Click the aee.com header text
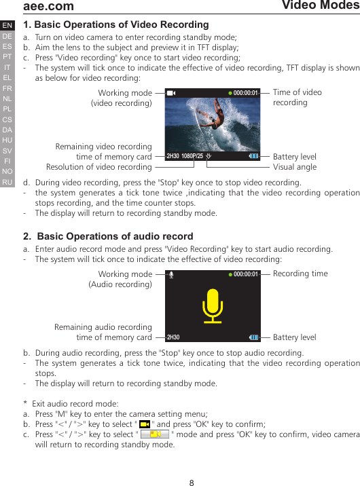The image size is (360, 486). point(48,6)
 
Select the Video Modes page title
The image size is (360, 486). point(320,5)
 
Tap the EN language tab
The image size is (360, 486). point(7,26)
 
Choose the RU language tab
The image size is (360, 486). point(7,182)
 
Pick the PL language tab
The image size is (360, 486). point(7,109)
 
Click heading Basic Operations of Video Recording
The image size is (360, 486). point(116,25)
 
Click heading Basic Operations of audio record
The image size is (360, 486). point(108,237)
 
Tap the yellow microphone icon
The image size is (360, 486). point(213,306)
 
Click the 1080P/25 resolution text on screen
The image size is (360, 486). point(193,156)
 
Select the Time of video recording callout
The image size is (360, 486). point(297,97)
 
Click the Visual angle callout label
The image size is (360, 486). point(294,167)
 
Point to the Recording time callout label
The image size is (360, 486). point(300,274)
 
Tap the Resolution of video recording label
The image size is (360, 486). point(98,167)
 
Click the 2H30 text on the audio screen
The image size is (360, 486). point(173,337)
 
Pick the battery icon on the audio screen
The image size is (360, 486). point(253,337)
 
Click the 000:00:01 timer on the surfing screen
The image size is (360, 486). point(246,93)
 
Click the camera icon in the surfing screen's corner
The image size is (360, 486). point(170,93)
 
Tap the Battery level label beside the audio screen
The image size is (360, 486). point(294,337)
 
